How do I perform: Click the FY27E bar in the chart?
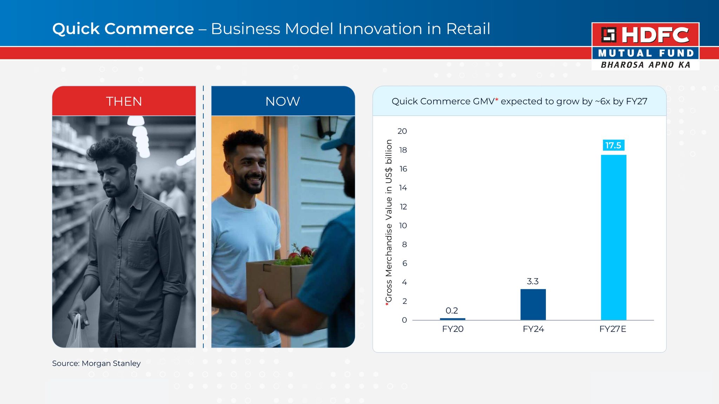pyautogui.click(x=613, y=237)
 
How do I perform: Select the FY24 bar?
pyautogui.click(x=533, y=304)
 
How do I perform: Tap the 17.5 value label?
pyautogui.click(x=613, y=145)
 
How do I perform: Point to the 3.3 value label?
pyautogui.click(x=533, y=281)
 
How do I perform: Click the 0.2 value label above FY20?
pyautogui.click(x=452, y=310)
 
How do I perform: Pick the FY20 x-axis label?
pyautogui.click(x=453, y=329)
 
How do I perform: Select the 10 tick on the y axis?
pyautogui.click(x=403, y=225)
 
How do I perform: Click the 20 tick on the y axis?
pyautogui.click(x=402, y=131)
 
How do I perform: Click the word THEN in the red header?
pyautogui.click(x=124, y=101)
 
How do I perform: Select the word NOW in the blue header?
pyautogui.click(x=283, y=101)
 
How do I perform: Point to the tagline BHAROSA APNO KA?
pyautogui.click(x=646, y=65)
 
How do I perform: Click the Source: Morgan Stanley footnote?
pyautogui.click(x=96, y=363)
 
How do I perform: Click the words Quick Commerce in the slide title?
pyautogui.click(x=123, y=29)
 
